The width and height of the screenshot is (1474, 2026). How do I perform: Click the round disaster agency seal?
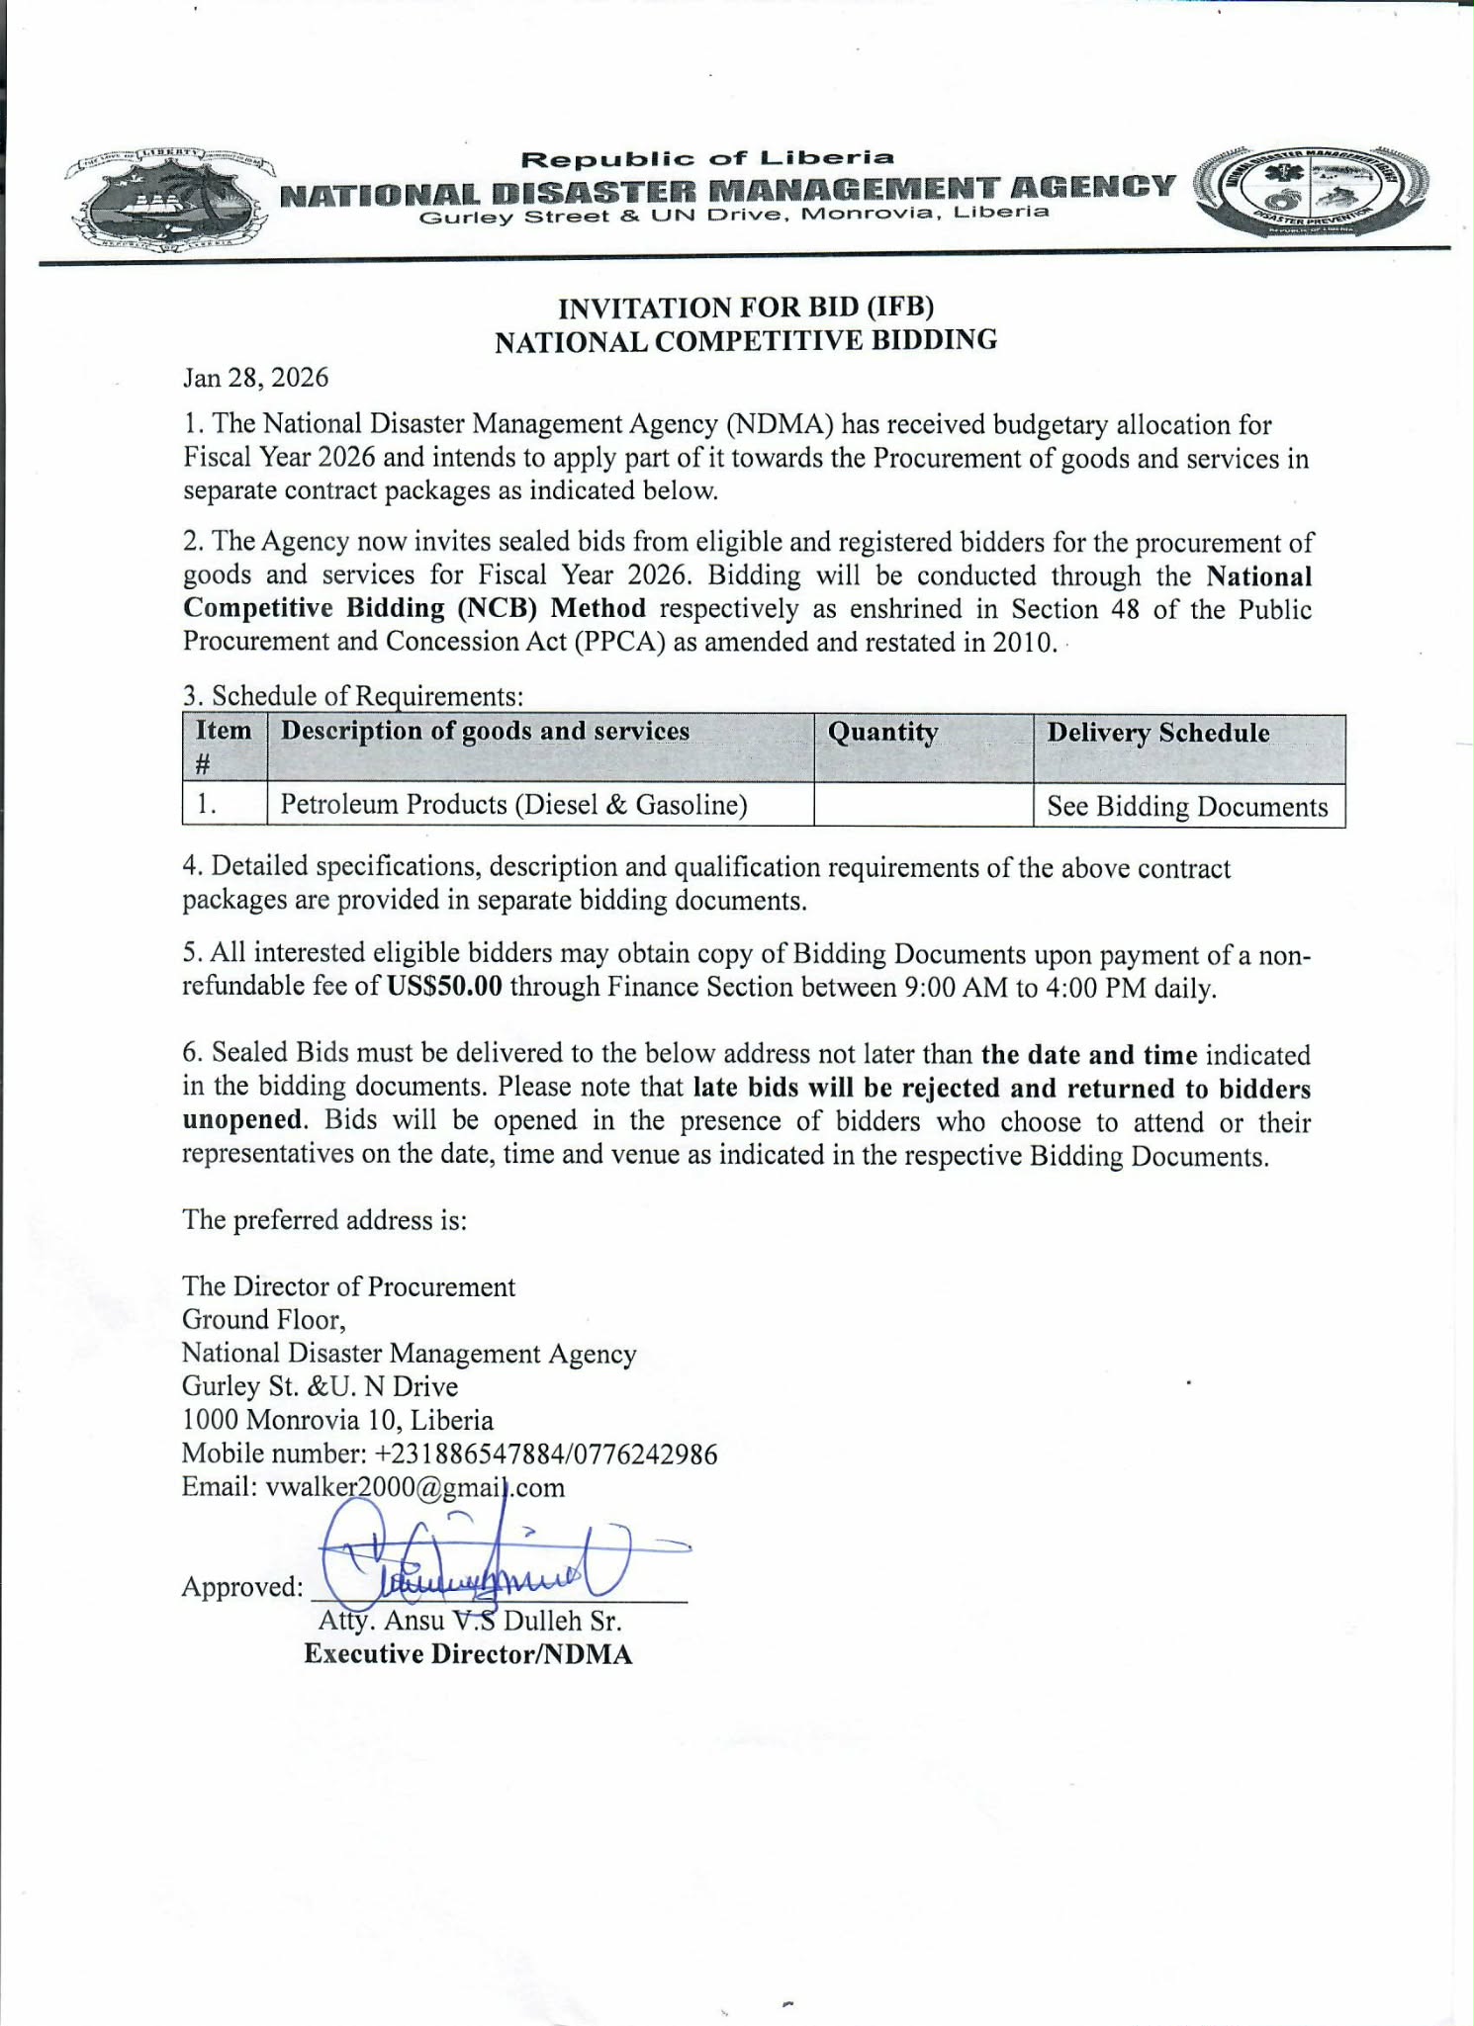coord(1310,191)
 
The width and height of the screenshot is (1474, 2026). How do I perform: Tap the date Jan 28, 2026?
coord(255,378)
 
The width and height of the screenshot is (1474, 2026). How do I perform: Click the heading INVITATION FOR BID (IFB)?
coord(746,308)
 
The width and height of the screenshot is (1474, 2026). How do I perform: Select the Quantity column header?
coord(882,733)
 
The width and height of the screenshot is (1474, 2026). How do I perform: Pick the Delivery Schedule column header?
coord(1157,733)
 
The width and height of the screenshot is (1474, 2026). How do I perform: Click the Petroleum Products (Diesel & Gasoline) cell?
coord(513,805)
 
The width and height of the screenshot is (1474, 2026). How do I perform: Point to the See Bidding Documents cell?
coord(1187,807)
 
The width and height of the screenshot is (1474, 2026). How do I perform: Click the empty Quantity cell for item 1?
coord(922,805)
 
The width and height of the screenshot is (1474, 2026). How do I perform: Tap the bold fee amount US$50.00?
coord(445,987)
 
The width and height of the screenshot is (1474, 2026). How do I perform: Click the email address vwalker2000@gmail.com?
coord(415,1487)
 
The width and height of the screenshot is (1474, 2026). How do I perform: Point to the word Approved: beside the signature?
coord(242,1587)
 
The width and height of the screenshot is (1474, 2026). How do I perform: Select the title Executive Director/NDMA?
coord(468,1654)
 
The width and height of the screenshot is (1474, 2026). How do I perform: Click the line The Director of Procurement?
coord(348,1286)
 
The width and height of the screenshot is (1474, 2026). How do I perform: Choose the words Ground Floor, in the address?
coord(263,1320)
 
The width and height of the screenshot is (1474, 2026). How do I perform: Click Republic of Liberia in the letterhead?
coord(707,157)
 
